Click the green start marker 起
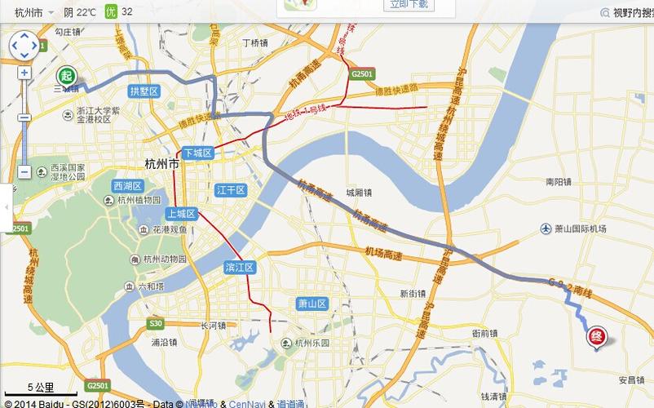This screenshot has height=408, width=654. (x=66, y=76)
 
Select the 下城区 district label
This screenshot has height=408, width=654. (x=197, y=153)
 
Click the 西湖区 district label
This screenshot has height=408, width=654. (x=128, y=184)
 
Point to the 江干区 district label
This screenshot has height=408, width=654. (x=231, y=190)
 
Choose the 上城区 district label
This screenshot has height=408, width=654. (x=181, y=213)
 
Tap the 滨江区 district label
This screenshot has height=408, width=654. (x=241, y=268)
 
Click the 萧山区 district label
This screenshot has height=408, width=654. (x=312, y=304)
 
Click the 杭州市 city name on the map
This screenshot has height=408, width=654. (x=161, y=163)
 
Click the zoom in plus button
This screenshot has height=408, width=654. (x=24, y=73)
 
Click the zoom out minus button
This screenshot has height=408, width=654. (x=24, y=172)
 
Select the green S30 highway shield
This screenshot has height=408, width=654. (x=157, y=324)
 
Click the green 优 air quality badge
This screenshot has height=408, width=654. (x=112, y=12)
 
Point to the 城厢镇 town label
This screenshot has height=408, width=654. (x=358, y=193)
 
